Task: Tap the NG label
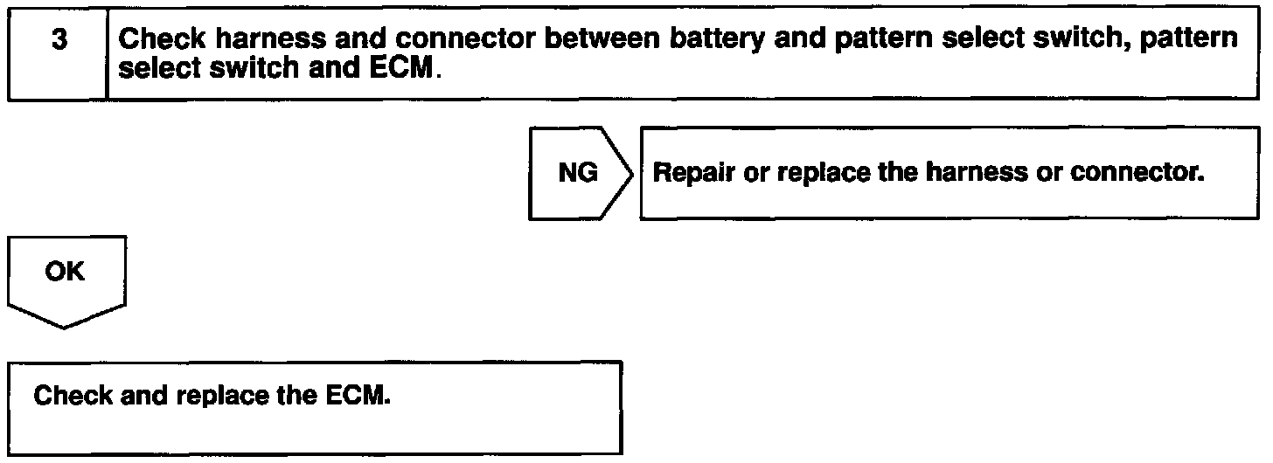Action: (x=577, y=174)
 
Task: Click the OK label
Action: (x=66, y=272)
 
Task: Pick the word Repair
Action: (x=688, y=173)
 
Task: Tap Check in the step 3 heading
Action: (x=157, y=39)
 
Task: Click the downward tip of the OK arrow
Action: (x=66, y=327)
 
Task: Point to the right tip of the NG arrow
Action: (x=632, y=174)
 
